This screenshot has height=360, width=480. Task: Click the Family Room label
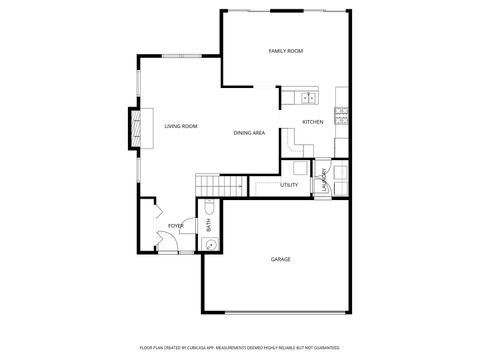pyautogui.click(x=286, y=50)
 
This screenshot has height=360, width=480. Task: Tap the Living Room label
pyautogui.click(x=181, y=126)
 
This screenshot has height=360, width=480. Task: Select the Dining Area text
pyautogui.click(x=249, y=132)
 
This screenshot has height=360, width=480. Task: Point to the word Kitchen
pyautogui.click(x=314, y=122)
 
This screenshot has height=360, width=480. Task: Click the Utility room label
pyautogui.click(x=289, y=185)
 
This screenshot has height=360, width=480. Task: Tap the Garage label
pyautogui.click(x=281, y=260)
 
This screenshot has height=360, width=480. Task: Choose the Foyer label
pyautogui.click(x=175, y=226)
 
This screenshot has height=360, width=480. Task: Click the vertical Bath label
pyautogui.click(x=209, y=227)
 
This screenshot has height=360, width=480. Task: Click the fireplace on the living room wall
pyautogui.click(x=131, y=125)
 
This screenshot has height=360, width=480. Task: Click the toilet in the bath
pyautogui.click(x=209, y=209)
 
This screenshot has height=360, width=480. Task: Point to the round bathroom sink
pyautogui.click(x=209, y=243)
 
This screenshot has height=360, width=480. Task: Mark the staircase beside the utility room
pyautogui.click(x=221, y=185)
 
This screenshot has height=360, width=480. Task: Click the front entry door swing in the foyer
pyautogui.click(x=163, y=241)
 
